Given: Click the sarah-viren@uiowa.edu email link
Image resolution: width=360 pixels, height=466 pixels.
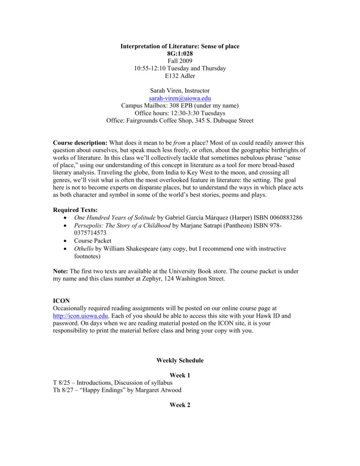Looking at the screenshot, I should point(180,98).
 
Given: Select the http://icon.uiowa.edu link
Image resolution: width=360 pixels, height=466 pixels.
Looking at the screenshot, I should point(81,316).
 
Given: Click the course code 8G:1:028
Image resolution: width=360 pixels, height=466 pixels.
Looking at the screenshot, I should point(180,54).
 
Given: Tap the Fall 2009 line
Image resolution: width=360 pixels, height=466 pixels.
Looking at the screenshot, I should point(180,61).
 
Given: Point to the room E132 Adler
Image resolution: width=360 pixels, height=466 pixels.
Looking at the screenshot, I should point(180,76).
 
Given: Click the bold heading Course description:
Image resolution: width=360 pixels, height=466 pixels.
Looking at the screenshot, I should point(81,143).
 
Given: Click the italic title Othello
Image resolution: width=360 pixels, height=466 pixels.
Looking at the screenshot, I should point(84,249).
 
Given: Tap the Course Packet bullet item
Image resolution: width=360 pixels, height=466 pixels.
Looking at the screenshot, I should point(93,241).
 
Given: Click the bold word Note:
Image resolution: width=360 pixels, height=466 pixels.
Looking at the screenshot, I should point(61,271).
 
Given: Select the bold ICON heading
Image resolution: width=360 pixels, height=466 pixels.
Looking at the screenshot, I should point(61,300).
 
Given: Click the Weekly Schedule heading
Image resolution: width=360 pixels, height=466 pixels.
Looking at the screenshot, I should point(180,360).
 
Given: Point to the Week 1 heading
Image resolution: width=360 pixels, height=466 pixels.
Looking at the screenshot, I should point(180,375).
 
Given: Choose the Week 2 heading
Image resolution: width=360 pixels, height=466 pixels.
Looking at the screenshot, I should point(180,405).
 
